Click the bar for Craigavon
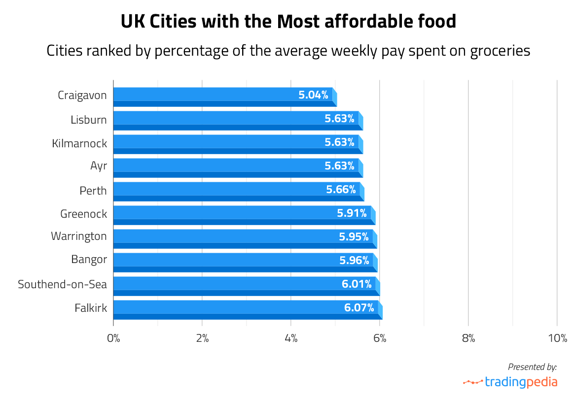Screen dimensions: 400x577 click(x=224, y=97)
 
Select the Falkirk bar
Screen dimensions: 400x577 click(x=247, y=309)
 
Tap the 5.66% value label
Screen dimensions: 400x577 click(x=341, y=190)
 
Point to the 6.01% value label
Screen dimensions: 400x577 click(x=357, y=284)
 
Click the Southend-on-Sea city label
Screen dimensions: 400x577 click(x=62, y=284)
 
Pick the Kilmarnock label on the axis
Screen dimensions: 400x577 click(x=79, y=143)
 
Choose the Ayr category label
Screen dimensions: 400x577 click(x=99, y=166)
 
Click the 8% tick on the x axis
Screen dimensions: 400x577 click(x=468, y=338)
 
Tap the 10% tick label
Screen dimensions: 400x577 click(x=557, y=338)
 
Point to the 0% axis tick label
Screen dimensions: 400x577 click(x=113, y=338)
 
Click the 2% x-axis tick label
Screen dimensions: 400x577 click(x=202, y=338)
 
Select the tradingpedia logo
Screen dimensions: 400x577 click(x=510, y=382)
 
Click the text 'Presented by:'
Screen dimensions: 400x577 click(x=532, y=367)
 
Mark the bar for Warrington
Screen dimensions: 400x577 click(x=244, y=238)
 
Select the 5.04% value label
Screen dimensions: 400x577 click(x=313, y=95)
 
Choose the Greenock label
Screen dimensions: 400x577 click(x=83, y=213)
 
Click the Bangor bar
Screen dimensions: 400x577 click(x=244, y=262)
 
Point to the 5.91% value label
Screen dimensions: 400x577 click(x=352, y=213)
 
